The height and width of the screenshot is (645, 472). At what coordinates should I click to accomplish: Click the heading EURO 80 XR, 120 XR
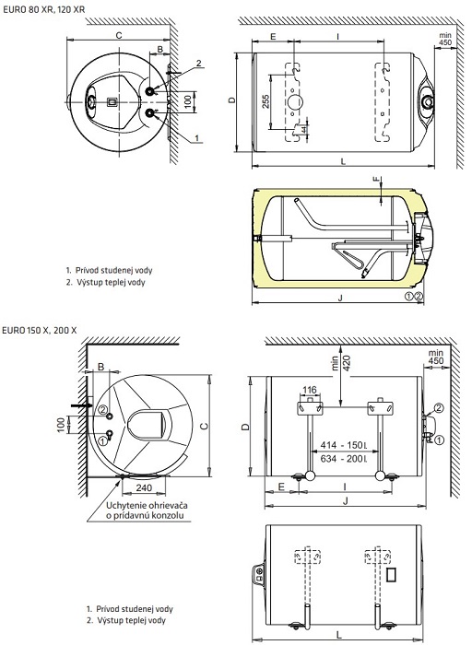(43, 9)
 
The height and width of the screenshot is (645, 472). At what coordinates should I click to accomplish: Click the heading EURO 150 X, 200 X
(40, 330)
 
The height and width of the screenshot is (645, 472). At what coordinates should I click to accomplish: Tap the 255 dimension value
(265, 101)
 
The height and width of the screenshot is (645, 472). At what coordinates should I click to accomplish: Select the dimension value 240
(144, 487)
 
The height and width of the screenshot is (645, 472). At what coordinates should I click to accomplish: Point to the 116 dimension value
(310, 390)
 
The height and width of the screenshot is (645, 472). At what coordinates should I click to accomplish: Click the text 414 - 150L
(343, 445)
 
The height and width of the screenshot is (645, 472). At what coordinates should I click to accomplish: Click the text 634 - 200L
(343, 458)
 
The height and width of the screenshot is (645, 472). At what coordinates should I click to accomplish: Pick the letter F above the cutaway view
(375, 180)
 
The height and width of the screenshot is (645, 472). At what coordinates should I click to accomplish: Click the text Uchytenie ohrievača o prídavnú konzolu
(147, 510)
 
